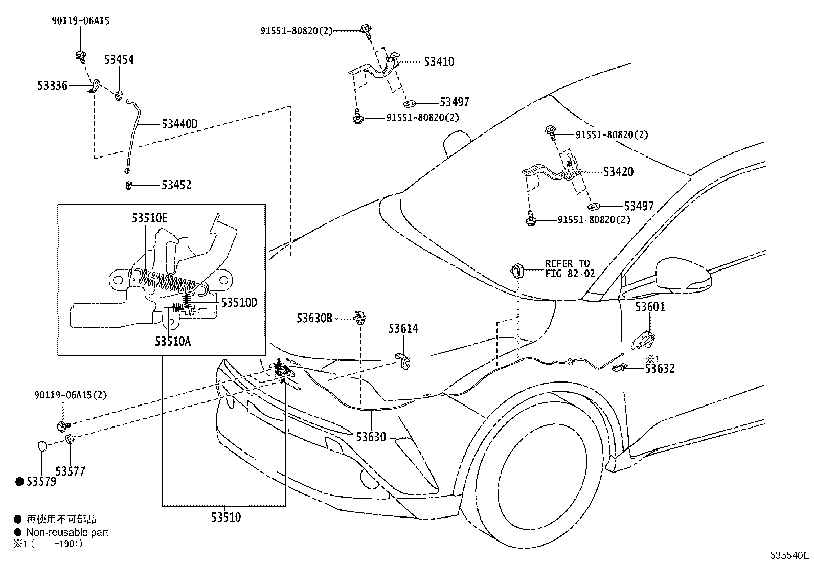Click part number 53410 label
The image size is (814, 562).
coord(439,62)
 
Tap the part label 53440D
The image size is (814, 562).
coord(179,124)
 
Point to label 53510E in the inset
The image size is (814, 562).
coord(149,218)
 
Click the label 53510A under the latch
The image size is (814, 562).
coord(173,341)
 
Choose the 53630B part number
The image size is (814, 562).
coord(314,319)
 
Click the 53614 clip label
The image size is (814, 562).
coord(403,329)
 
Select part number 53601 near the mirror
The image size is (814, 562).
coord(650,307)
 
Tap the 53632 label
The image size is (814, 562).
coord(660,368)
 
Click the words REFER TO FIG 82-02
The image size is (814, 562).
coord(570,268)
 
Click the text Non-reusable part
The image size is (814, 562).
coord(67,532)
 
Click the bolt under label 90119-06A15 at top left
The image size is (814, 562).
coord(80,55)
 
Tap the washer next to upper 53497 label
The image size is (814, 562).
coord(413,102)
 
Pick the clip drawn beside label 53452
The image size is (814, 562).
coord(128,185)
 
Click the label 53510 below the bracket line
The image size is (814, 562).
coord(225,518)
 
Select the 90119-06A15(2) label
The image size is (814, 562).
coord(71,395)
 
